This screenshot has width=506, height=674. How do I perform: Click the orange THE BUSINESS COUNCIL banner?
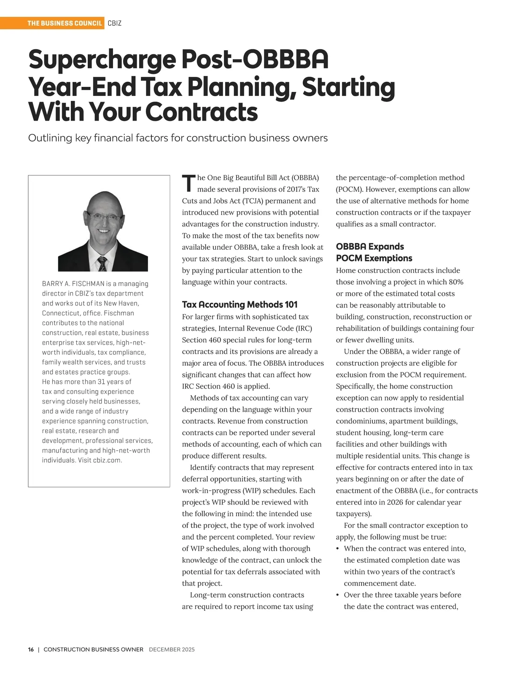tap(65, 23)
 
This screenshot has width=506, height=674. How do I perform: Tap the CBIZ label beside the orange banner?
tap(114, 23)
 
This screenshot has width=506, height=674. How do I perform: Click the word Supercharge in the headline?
tap(101, 60)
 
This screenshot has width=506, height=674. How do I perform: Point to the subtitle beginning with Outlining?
tap(178, 138)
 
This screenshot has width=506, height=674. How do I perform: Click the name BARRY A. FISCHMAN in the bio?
tap(73, 284)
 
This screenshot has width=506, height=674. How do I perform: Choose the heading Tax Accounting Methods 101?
tap(240, 305)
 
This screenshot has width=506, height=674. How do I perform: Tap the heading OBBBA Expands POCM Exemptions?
tap(374, 252)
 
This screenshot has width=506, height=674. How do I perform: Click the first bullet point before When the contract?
tap(338, 549)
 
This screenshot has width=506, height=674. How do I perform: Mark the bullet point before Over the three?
tap(338, 595)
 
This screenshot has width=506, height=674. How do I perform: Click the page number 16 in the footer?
tap(31, 650)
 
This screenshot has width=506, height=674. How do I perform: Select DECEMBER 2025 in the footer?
tap(172, 650)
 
